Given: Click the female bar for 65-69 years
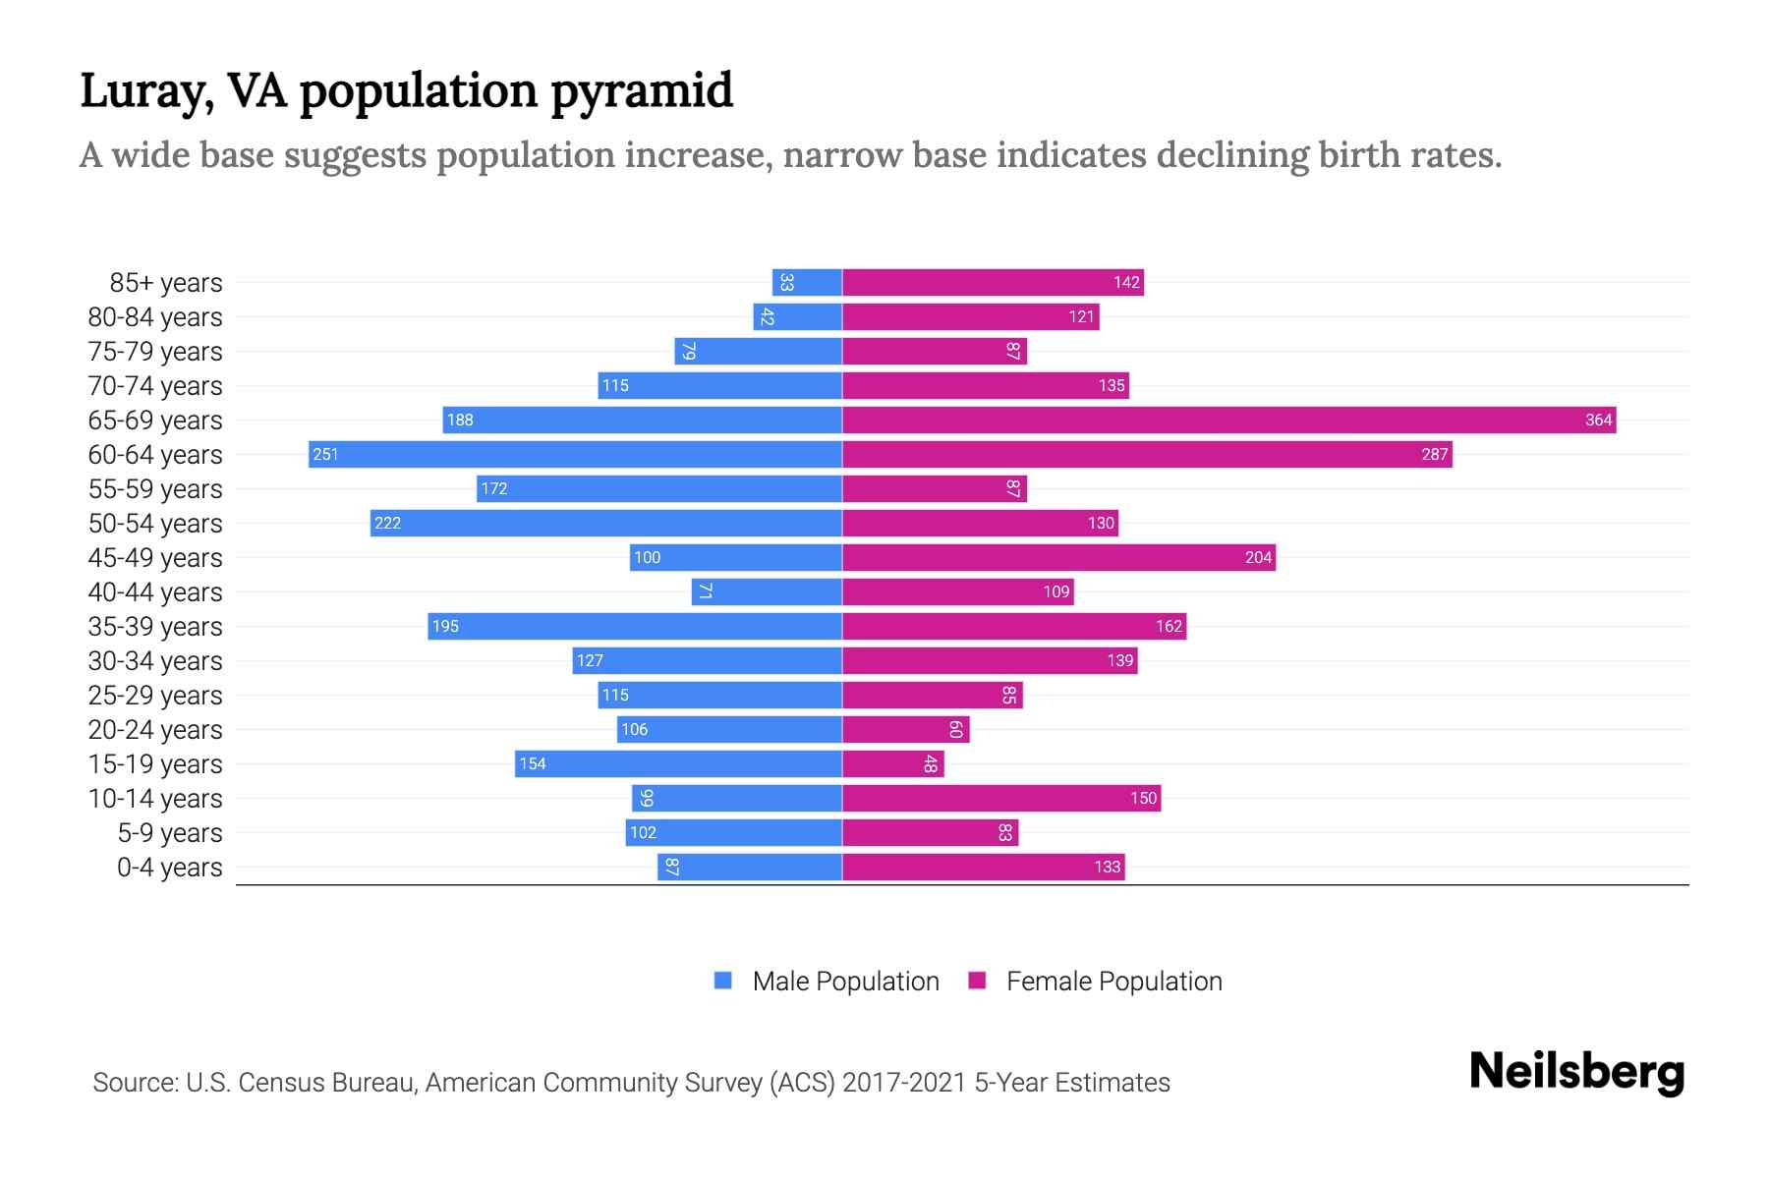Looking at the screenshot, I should pos(1228,421).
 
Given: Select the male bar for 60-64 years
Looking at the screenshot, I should pos(575,455).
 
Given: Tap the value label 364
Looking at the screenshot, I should pos(1598,421).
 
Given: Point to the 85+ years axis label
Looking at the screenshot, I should pos(165,283).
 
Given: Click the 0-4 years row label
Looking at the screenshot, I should pos(169,868).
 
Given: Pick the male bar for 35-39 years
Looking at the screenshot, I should pos(635,627).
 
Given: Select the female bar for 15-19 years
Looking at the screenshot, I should pos(892,764).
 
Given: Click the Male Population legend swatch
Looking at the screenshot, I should pos(723,981).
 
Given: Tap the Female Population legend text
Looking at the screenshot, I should pos(1113,982).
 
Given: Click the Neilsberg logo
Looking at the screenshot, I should pos(1576,1072).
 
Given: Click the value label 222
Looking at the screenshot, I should pos(387,524).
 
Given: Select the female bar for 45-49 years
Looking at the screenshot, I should pos(1058,558).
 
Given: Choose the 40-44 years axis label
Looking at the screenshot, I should pos(155,592).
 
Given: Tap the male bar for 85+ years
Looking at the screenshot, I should pos(807,283).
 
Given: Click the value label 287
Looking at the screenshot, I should pos(1434,455).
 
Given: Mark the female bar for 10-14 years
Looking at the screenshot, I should pos(1000,799).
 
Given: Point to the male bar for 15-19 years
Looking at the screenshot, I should pos(678,764).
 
